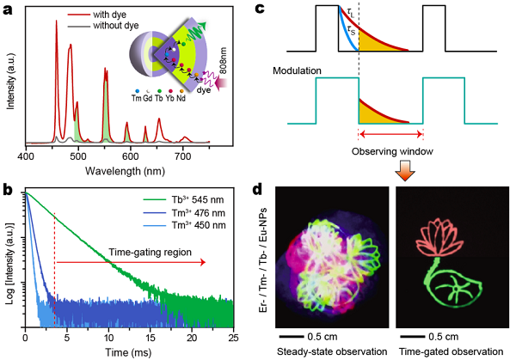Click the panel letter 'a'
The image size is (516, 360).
[x=9, y=9]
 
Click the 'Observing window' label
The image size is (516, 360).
[x=390, y=150]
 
